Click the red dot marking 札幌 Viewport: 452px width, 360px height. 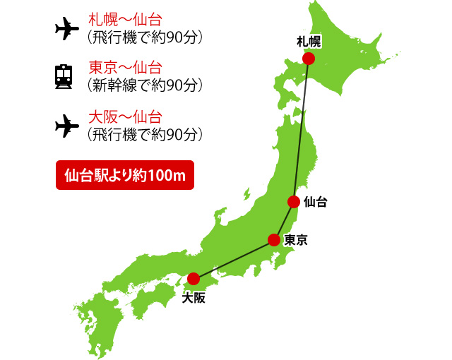(x=309, y=59)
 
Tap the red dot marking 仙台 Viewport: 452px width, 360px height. (x=294, y=202)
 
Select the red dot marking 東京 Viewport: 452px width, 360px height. (x=274, y=240)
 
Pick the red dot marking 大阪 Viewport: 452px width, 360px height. (x=194, y=279)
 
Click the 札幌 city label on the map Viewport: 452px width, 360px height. (x=309, y=43)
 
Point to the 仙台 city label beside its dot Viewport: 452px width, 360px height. (x=315, y=202)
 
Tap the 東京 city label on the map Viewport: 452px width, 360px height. (x=296, y=240)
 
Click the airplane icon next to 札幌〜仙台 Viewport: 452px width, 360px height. (x=66, y=28)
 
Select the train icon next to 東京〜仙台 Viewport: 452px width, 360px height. (x=65, y=76)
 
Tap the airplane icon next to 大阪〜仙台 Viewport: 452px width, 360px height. (x=66, y=125)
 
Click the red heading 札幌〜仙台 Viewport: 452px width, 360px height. (x=124, y=19)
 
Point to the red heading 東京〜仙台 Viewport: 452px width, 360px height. (x=124, y=68)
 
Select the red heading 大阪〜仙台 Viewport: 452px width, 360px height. (x=124, y=117)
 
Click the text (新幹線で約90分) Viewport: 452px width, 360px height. (x=144, y=85)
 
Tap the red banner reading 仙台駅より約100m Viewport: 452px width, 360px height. (x=124, y=175)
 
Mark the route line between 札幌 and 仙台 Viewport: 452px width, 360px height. (x=302, y=131)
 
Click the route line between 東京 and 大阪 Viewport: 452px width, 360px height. (x=234, y=259)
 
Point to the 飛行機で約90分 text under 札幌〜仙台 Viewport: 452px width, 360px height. (x=144, y=36)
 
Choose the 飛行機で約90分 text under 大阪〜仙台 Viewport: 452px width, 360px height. (x=144, y=133)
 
